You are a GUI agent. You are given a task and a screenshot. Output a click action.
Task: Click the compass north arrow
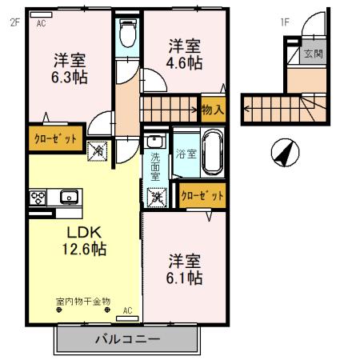coord(282,151)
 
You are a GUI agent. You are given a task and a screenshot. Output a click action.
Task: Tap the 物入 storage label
coord(212,107)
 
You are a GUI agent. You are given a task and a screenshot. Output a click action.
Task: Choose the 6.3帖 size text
coord(70,78)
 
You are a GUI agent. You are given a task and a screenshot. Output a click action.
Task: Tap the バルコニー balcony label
coord(127,338)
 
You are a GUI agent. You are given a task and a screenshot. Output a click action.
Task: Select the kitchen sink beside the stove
coord(67,196)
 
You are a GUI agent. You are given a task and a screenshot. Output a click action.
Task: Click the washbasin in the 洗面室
coord(154,144)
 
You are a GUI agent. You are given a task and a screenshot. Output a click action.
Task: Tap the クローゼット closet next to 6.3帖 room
coord(55,138)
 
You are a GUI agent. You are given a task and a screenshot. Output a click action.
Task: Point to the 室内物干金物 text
coord(83,302)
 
